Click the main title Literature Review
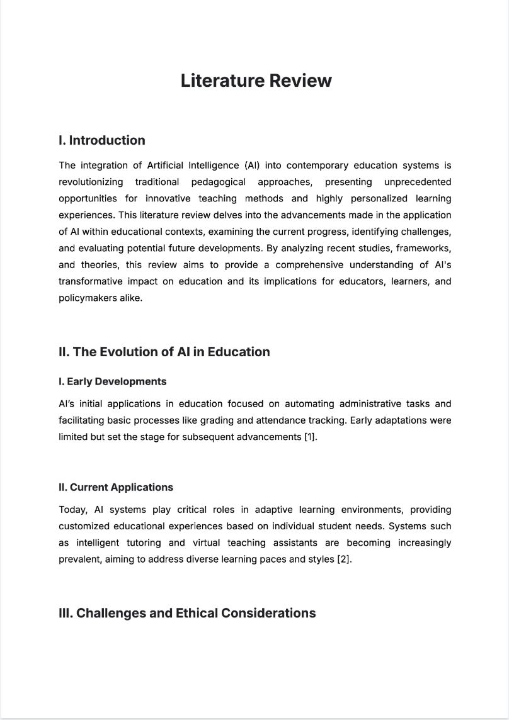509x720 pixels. click(256, 81)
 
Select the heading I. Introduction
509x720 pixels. click(101, 140)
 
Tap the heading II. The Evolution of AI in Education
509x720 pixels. click(164, 352)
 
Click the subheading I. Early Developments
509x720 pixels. click(112, 381)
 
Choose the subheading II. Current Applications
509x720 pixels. click(115, 487)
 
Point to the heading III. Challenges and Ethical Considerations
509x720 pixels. click(187, 613)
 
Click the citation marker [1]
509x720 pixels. click(310, 437)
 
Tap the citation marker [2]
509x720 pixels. click(344, 559)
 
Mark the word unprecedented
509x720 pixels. click(417, 182)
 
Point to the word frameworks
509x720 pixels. click(426, 248)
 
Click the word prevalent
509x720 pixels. click(78, 559)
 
